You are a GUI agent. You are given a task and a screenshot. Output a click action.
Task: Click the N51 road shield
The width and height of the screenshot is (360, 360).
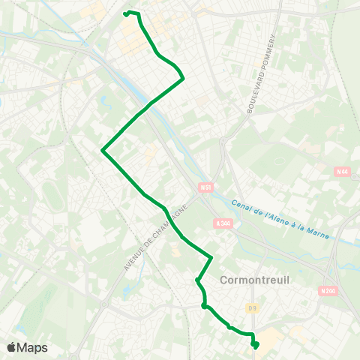click(x=206, y=187)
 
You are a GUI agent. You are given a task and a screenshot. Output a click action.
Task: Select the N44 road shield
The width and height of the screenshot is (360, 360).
click(x=343, y=172)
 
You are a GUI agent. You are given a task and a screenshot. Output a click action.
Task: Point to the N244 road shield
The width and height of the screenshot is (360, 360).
click(x=327, y=291)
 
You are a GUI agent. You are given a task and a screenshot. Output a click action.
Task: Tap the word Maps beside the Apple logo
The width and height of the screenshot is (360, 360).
click(x=32, y=347)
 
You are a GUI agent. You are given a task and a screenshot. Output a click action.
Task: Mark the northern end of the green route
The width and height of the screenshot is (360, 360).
click(x=125, y=14)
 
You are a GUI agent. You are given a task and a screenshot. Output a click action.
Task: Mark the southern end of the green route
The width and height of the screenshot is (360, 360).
click(x=256, y=345)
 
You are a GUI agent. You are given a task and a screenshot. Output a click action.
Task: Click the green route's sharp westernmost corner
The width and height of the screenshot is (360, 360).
click(x=102, y=151)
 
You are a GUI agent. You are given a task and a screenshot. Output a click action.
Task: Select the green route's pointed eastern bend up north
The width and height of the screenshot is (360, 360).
click(x=184, y=76)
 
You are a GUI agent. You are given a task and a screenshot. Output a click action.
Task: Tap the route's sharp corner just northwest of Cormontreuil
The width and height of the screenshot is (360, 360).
click(x=212, y=258)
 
